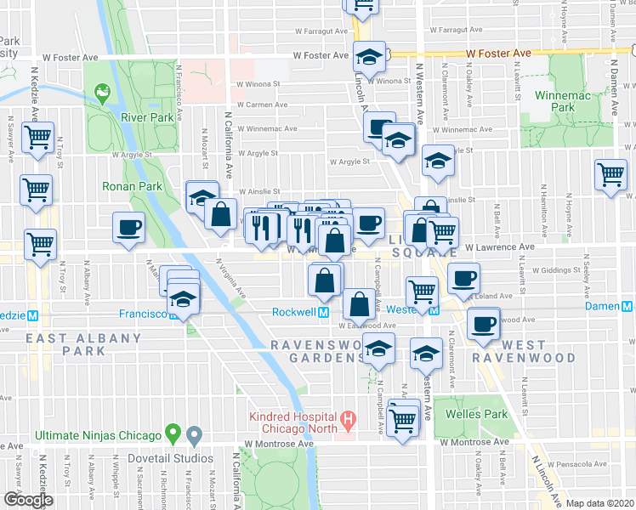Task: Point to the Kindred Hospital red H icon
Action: pos(347,418)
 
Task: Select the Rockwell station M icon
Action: pos(324,312)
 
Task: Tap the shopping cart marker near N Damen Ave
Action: pos(611,176)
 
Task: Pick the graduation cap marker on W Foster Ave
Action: pos(370,57)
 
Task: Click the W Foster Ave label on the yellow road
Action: pos(498,53)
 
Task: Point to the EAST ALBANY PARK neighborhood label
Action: pos(83,343)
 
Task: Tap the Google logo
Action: pos(27,500)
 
